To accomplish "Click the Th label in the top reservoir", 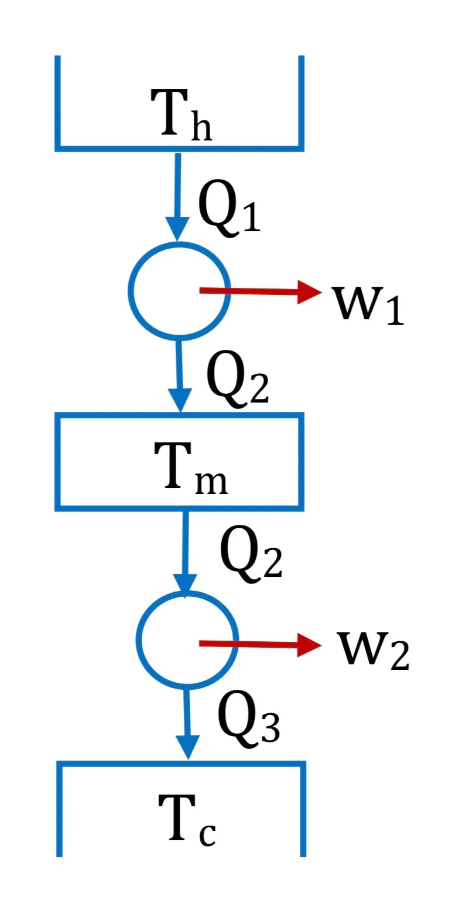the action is (x=181, y=115).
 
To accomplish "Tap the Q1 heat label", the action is (x=229, y=208).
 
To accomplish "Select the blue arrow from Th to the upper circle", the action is (x=178, y=197).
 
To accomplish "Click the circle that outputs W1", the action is (x=179, y=290).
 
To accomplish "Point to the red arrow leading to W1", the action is (x=261, y=291).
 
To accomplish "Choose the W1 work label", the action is (x=368, y=305).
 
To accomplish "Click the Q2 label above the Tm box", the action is (x=238, y=378).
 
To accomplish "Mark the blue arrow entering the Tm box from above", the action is (x=179, y=376).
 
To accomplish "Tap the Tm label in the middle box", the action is (x=191, y=467).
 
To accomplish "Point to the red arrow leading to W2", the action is (x=261, y=644).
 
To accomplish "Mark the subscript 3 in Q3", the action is (x=270, y=728).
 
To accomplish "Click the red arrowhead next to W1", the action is (x=310, y=291).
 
